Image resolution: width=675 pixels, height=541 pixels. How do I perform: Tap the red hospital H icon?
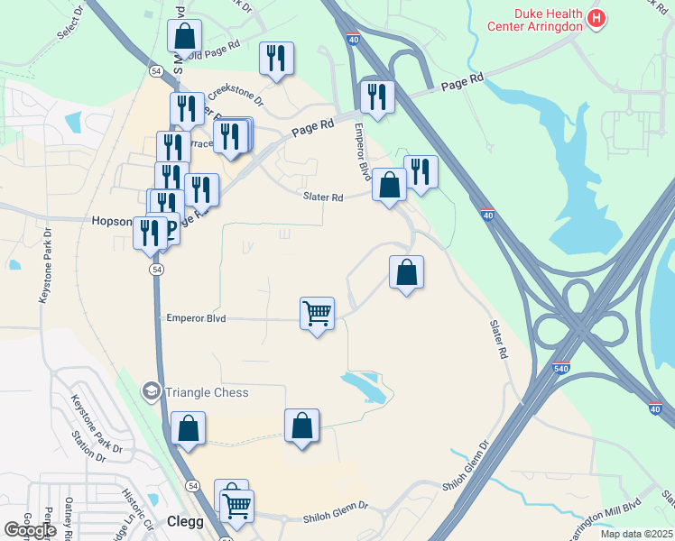coord(596,17)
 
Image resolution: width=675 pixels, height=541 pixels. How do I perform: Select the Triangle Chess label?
coord(206,392)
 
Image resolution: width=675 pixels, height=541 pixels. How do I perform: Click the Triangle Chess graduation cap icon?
coord(151,391)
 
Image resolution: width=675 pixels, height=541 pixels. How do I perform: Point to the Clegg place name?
coord(185,522)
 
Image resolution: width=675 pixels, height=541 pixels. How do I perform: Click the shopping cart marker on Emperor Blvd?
coord(317,314)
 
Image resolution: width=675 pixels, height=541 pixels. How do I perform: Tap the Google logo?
coord(30,530)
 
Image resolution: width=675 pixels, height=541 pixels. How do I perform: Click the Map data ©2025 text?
coord(635,534)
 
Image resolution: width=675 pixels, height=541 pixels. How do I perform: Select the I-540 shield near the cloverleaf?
coord(562,368)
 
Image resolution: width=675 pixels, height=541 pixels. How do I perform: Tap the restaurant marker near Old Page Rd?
coord(276,59)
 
